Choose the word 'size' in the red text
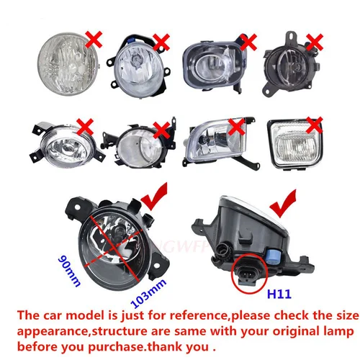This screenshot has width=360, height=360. [341, 316]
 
